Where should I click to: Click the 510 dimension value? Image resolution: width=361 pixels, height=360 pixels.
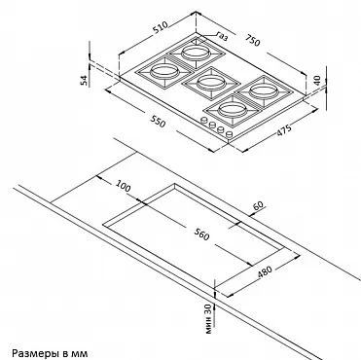(x=161, y=27)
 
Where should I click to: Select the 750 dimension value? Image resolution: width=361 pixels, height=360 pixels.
(x=252, y=40)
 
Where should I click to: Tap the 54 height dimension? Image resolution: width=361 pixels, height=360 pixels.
(x=84, y=80)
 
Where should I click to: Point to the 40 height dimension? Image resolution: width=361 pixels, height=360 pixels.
(x=317, y=80)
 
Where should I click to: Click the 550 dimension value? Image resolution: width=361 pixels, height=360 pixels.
(x=158, y=122)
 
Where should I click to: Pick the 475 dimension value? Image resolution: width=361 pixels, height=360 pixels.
(x=284, y=129)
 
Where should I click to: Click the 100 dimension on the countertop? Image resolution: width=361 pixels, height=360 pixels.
(x=124, y=186)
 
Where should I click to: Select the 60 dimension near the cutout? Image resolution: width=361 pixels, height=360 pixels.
(x=259, y=205)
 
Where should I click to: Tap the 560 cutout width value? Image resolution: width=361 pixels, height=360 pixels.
(x=201, y=234)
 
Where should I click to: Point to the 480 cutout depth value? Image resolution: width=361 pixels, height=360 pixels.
(x=265, y=272)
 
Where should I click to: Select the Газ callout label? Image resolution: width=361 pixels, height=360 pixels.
(x=222, y=36)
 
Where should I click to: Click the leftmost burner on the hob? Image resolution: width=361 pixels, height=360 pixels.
(x=164, y=72)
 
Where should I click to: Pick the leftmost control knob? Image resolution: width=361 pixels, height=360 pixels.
(x=204, y=120)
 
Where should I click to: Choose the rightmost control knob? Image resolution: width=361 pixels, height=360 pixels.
(x=229, y=134)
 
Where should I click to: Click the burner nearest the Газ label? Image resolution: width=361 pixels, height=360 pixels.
(x=194, y=53)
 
